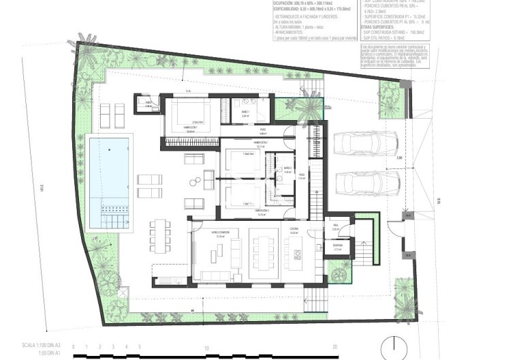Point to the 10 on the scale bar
click(206, 347)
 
